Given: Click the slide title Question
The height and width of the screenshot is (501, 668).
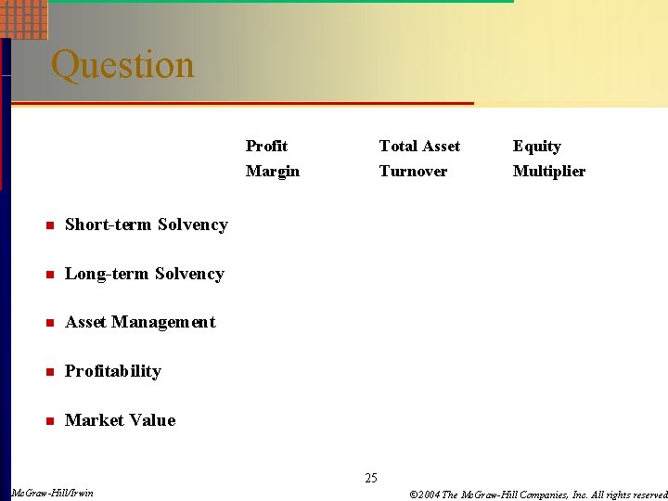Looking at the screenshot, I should coord(122,65).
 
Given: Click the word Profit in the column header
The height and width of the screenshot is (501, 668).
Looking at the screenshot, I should coord(266,146).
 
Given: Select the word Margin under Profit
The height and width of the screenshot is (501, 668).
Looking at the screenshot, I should coord(272,171).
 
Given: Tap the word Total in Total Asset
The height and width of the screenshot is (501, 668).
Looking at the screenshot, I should coord(397,146).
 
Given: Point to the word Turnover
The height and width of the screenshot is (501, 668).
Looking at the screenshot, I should coord(413,171).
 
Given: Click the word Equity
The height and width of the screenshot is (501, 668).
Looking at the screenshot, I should coord(536,146).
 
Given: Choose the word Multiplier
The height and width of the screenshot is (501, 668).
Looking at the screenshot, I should coord(548,171).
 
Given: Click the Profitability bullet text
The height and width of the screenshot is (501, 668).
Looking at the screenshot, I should coord(113,371).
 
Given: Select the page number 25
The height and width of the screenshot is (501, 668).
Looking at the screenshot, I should coord(371,479).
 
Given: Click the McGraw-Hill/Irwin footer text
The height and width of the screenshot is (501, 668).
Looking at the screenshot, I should coord(52,493).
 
